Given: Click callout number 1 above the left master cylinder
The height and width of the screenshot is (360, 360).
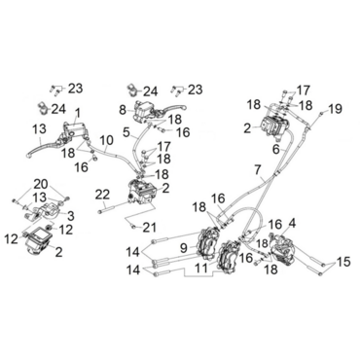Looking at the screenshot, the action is point(77,114).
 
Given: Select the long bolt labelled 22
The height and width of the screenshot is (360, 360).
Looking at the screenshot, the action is point(115,208).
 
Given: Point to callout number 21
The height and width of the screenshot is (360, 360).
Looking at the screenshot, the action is point(150,228).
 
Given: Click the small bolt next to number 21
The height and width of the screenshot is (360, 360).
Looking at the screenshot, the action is point(131,226).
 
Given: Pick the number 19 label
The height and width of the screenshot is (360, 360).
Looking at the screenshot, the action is point(335,109).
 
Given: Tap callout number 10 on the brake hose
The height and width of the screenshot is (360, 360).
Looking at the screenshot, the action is point(107,141).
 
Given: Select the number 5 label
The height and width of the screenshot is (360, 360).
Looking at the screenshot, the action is point(127,132).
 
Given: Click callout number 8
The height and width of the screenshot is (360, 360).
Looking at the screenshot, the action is point(123,110).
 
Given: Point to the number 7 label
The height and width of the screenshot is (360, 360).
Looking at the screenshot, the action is point(258,169).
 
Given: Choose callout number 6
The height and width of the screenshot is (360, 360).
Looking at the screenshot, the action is point(275,150).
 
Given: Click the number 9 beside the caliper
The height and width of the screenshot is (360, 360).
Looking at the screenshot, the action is point(184,248).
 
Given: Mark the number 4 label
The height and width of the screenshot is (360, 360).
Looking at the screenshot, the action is point(292,224).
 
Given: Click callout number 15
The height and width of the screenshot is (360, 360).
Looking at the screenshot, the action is point(343,262).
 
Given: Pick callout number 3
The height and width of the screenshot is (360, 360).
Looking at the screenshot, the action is point(71,215).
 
